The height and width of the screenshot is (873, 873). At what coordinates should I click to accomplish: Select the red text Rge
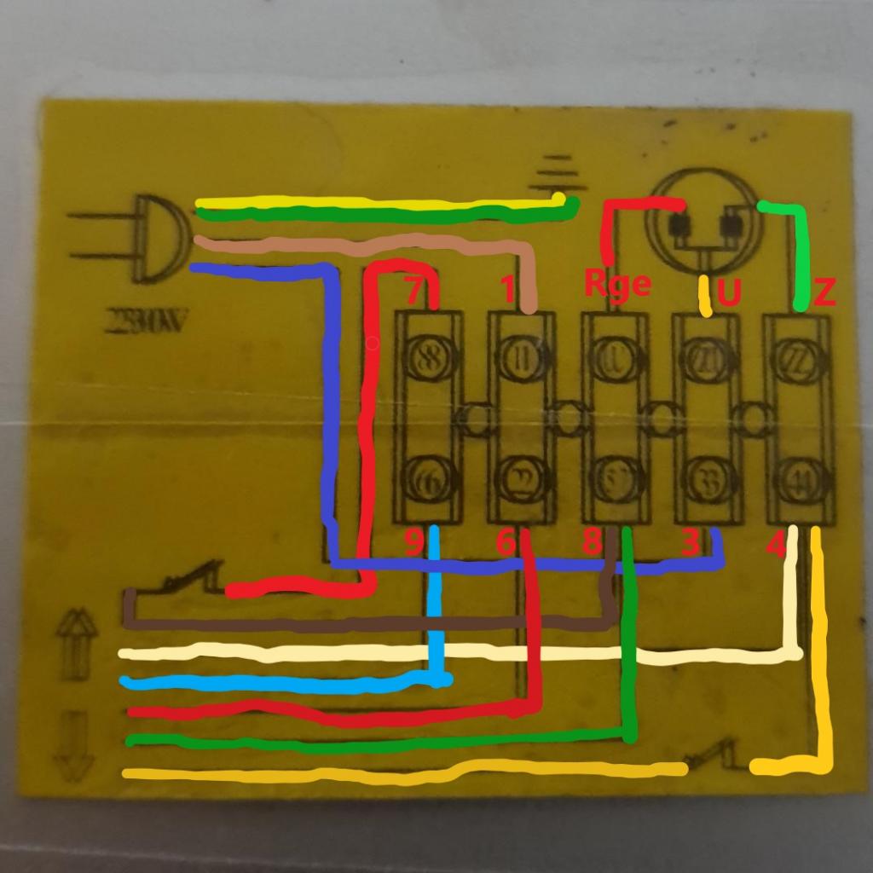(617, 283)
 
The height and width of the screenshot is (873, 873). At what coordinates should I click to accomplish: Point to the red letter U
(729, 293)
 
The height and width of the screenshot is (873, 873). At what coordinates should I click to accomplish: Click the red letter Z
(824, 293)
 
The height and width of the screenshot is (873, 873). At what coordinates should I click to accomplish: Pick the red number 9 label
(413, 542)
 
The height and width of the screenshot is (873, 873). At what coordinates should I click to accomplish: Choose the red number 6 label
(506, 542)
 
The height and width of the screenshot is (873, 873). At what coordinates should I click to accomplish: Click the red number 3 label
(691, 542)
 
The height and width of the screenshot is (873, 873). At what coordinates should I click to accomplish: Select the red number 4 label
(775, 544)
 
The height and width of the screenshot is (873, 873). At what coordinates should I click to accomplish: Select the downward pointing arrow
(74, 745)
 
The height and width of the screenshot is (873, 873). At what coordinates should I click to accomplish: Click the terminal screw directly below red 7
(428, 358)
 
